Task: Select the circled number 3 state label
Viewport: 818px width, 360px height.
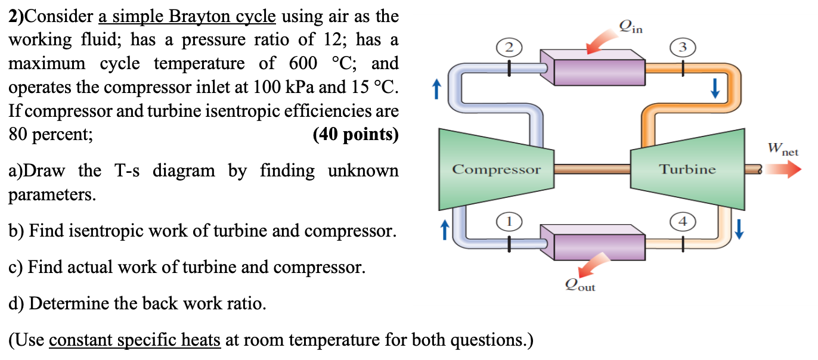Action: (683, 46)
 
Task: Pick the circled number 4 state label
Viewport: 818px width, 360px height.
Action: (683, 222)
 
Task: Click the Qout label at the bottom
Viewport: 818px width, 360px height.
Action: (580, 286)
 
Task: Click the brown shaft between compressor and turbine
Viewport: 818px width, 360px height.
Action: (593, 169)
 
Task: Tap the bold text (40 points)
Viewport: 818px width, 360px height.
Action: (355, 135)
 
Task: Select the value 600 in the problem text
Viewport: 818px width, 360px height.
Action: (303, 64)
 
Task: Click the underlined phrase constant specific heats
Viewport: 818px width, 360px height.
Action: (135, 340)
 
